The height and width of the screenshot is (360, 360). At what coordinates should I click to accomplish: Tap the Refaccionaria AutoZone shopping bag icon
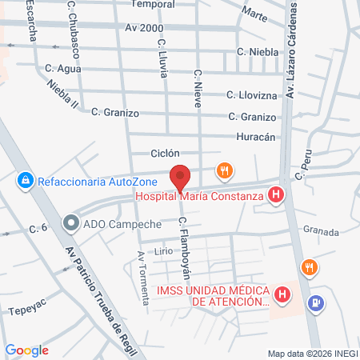tap(26, 181)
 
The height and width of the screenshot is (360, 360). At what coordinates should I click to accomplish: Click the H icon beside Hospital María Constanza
tap(276, 194)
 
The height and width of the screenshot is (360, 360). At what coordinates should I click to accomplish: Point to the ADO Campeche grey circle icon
tap(70, 223)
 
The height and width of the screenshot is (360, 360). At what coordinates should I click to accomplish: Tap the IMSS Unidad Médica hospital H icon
tap(281, 295)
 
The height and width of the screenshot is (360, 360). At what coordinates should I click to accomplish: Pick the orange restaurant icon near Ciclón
tap(225, 170)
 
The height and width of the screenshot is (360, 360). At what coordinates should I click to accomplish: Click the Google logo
tap(26, 350)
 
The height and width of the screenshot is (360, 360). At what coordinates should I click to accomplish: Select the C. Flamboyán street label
tap(186, 241)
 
